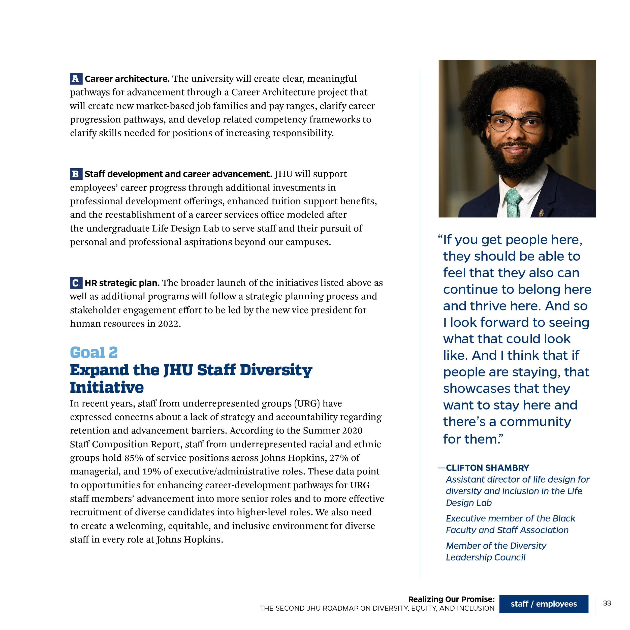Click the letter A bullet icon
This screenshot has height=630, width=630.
pos(76,79)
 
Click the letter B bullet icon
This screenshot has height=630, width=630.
pos(76,174)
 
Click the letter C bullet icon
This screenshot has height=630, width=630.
pos(76,283)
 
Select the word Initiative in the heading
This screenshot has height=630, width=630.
pos(107,387)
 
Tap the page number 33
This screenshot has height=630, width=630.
pos(607,603)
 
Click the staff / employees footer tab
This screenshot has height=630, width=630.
pos(544,604)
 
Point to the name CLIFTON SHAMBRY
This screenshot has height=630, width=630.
pos(487,468)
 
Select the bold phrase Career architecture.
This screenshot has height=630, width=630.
pos(127,79)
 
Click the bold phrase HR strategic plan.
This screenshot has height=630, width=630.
pos(122,283)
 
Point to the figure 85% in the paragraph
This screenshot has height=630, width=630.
pos(134,458)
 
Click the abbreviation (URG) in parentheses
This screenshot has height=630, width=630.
pos(306,403)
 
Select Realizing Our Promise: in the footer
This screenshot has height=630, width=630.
pos(451,599)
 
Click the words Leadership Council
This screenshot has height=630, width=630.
pos(486,557)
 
